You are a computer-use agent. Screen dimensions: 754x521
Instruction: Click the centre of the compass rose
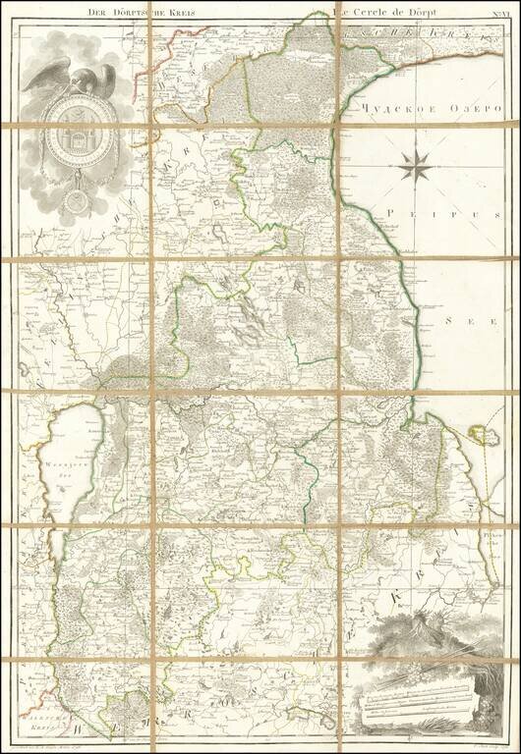tap(416, 168)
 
